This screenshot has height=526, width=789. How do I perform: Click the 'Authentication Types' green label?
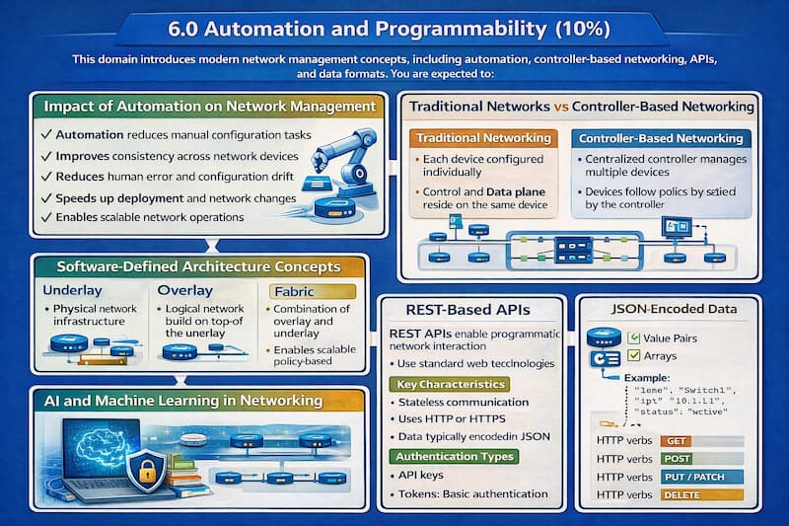click(x=453, y=457)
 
